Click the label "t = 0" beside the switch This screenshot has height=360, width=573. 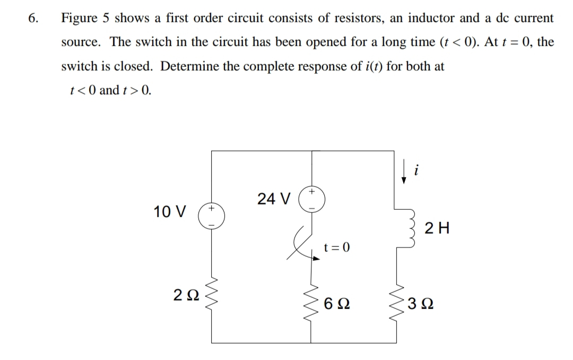[337, 247]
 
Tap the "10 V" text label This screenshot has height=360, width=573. [170, 212]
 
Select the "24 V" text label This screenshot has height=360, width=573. [273, 199]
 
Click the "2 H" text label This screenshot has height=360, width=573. [438, 229]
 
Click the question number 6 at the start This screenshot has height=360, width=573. [33, 18]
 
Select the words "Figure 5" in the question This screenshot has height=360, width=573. [85, 18]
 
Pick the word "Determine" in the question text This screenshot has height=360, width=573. [188, 66]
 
